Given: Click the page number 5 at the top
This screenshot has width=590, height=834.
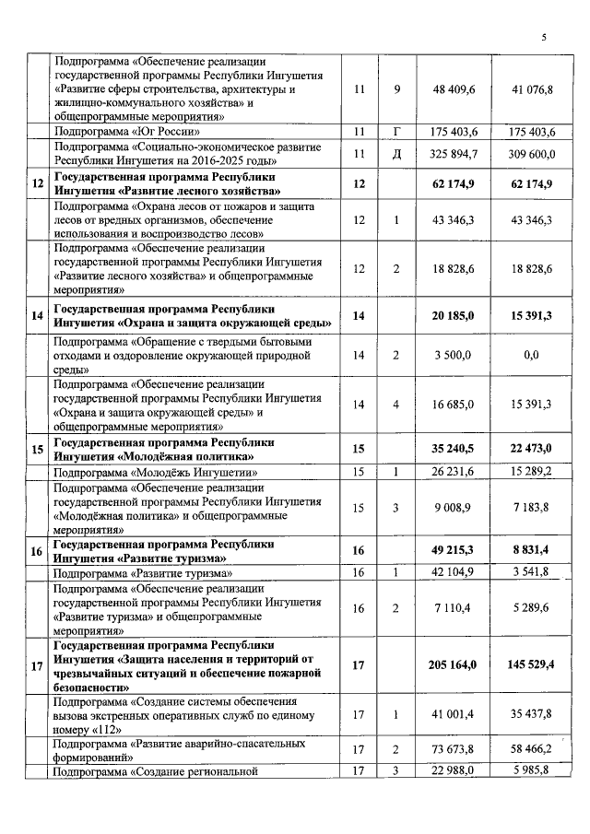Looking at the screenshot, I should tap(543, 37).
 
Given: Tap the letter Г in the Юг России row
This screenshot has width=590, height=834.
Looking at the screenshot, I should tap(396, 132).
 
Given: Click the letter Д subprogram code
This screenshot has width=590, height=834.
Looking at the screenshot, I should tap(396, 153).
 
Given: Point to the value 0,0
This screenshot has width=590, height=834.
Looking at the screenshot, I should tap(530, 355).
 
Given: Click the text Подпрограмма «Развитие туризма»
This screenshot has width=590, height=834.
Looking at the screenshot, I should tap(142, 572).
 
